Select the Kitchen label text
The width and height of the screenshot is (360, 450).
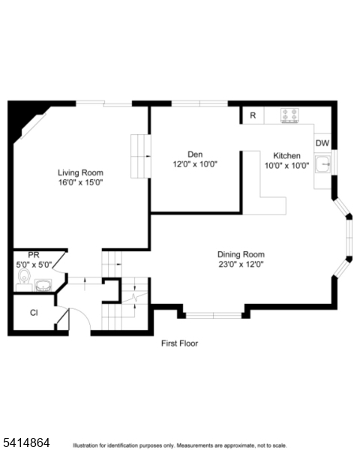(286, 156)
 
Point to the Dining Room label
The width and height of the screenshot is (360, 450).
(241, 254)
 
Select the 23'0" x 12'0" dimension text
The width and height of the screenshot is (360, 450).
(241, 264)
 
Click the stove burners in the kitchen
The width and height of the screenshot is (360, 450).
(291, 115)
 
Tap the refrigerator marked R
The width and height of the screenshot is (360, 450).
(253, 115)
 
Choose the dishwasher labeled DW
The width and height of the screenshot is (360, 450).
(322, 143)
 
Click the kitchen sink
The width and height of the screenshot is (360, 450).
(323, 163)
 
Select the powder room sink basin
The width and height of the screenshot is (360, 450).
(43, 284)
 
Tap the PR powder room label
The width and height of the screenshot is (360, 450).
(34, 256)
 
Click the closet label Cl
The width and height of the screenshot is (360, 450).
(34, 313)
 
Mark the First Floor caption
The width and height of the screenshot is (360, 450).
(180, 343)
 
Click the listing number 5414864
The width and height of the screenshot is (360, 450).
(26, 443)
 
